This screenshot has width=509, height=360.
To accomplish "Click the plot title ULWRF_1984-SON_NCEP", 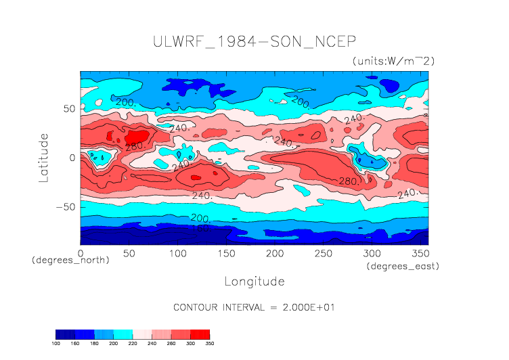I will coord(254,41).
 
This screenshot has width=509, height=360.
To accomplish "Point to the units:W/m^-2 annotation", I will coord(393,61).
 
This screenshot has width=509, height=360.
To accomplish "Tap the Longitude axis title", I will coord(255,281).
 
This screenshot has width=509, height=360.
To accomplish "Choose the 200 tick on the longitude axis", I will coord(274,253).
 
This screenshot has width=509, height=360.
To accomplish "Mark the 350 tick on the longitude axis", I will coord(420,253).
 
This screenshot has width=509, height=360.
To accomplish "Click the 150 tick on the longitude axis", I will coord(225,253).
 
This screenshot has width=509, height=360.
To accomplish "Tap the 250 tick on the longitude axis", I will coord(322,253).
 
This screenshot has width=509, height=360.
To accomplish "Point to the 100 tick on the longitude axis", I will coord(177,253).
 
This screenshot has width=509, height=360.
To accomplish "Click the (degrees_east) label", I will coord(403,267).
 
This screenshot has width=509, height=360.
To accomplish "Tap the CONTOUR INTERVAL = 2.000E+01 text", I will coord(255,307).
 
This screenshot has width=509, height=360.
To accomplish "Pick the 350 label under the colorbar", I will coord(209,344).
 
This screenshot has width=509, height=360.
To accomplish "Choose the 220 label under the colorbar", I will coord(133,344).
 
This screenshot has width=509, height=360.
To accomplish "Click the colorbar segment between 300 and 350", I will coord(200,334).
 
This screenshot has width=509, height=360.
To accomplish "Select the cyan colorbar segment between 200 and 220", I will coord(123,334).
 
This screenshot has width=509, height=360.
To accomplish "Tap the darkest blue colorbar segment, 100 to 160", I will coord(65,334).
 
